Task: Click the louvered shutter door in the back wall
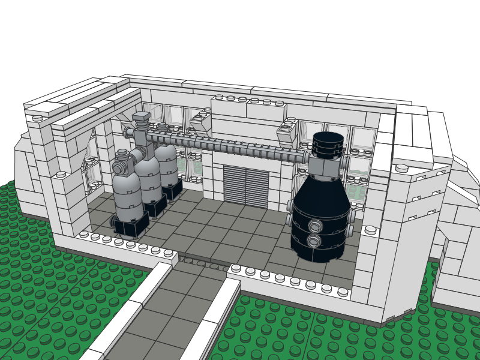coord(246,187)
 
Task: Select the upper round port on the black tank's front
coord(314,226)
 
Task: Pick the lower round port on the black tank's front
coord(314,241)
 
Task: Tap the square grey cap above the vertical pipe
coord(142,118)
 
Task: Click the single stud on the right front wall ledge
coord(370,230)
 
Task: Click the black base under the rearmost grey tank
coord(173,190)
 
